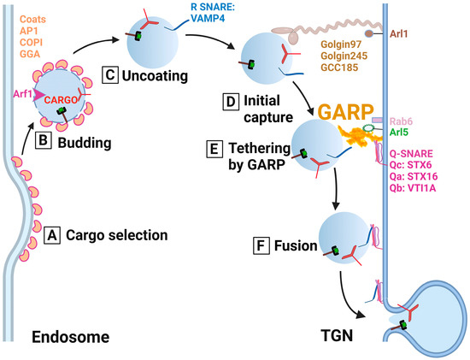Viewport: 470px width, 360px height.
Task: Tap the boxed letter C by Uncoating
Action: [109, 74]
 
